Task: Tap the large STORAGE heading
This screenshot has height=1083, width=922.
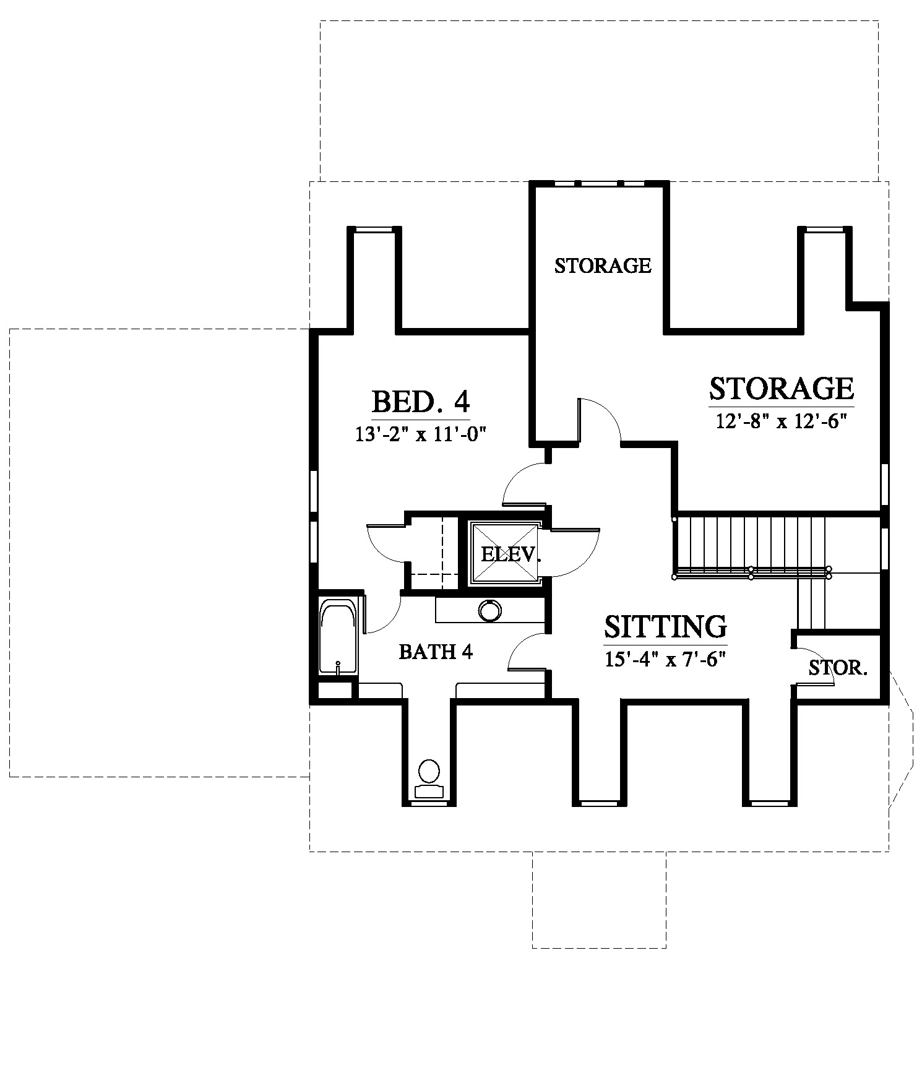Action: pos(782,388)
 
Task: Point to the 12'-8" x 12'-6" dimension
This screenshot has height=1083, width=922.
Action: pos(781,422)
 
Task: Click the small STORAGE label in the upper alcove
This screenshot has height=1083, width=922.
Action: pos(603,265)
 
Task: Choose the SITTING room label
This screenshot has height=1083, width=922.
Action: pos(665,626)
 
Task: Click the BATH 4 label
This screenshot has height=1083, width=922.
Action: pos(436,652)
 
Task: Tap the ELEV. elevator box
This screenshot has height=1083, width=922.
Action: pos(506,553)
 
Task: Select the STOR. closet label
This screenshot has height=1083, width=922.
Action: pos(838,667)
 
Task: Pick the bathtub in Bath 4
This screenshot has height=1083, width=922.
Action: pos(338,636)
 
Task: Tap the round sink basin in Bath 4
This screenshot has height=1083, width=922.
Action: pos(490,611)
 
